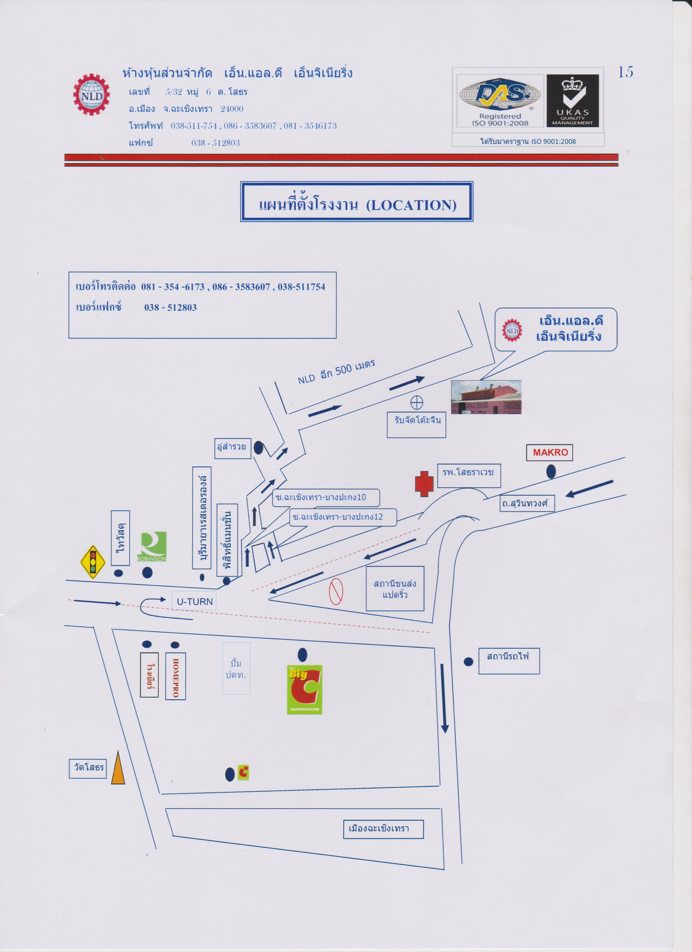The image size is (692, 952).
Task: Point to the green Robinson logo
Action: coord(152,546)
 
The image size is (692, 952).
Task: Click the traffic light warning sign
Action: coord(93,562)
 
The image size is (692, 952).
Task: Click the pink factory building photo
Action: coord(486,397)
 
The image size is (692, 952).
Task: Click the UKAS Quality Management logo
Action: coord(572,101)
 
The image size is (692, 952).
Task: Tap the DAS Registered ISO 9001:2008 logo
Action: coord(500,101)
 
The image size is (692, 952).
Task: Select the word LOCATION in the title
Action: coord(411,205)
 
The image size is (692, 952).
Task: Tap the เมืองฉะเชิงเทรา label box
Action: coord(383,828)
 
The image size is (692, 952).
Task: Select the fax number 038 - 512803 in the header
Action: coord(215,143)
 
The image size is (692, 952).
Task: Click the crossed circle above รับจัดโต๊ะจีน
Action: coord(416,403)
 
